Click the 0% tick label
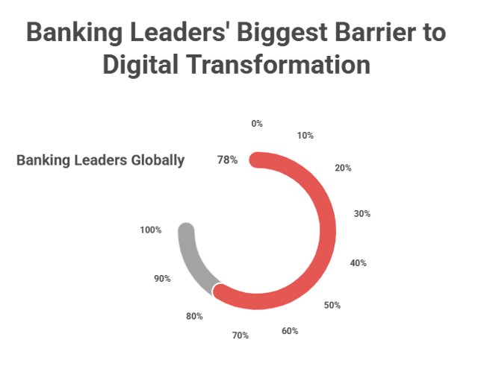[x=257, y=123]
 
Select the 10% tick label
[x=305, y=136]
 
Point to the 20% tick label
[x=343, y=168]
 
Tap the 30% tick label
[x=362, y=213]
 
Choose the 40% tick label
[x=358, y=262]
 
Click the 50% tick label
[x=332, y=305]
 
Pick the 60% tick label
[x=289, y=330]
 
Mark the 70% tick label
[x=240, y=335]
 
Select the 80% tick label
[x=194, y=316]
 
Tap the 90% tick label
[x=162, y=278]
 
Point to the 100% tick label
[x=150, y=230]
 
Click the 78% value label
[x=227, y=160]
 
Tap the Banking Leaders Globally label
[x=100, y=160]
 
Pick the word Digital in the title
[x=142, y=65]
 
